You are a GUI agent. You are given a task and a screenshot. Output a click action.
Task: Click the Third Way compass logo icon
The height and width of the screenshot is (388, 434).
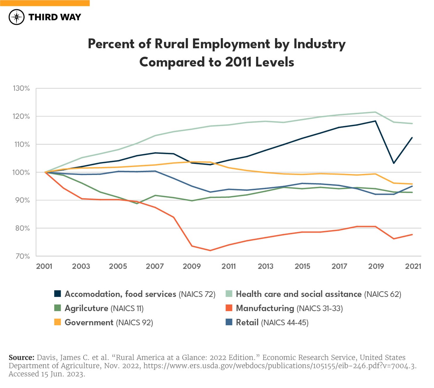tap(16, 17)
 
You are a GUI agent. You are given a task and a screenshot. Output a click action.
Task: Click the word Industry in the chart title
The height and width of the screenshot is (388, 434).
tap(319, 44)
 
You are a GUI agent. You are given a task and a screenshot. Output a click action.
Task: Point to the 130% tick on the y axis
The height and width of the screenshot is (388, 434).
tap(21, 88)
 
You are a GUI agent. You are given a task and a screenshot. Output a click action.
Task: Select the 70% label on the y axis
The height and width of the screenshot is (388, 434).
tap(22, 256)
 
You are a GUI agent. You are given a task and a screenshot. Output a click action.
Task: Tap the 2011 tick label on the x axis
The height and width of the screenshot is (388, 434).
tap(228, 266)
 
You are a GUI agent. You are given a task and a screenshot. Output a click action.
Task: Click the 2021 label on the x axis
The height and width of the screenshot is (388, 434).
tap(413, 266)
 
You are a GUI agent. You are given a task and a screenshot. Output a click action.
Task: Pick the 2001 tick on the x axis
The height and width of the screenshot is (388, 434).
tap(44, 266)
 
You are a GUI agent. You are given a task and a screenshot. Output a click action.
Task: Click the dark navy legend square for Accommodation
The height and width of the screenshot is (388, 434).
tap(57, 294)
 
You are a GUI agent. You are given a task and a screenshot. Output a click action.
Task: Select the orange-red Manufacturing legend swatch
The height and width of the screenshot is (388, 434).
tap(229, 308)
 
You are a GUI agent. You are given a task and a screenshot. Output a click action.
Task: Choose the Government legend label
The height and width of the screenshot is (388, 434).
tap(108, 322)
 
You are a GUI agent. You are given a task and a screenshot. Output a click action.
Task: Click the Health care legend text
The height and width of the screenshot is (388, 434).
tap(318, 294)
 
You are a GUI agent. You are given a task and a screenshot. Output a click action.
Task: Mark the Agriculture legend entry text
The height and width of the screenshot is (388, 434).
tap(104, 308)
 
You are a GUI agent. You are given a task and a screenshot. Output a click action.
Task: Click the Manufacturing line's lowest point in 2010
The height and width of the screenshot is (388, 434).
tap(210, 251)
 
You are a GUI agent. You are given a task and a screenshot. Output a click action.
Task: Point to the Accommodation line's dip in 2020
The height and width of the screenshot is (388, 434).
tap(394, 163)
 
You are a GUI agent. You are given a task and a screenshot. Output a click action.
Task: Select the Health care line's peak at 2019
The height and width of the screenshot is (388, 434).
tap(375, 112)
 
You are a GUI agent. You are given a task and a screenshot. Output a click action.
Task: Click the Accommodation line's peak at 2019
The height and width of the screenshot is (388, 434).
tap(375, 121)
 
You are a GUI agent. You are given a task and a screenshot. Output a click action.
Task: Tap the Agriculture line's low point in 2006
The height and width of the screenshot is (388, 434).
tap(137, 203)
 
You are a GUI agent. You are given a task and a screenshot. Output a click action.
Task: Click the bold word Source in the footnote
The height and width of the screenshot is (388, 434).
tap(21, 358)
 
